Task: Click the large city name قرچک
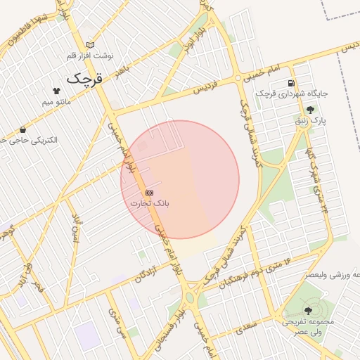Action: pyautogui.click(x=84, y=78)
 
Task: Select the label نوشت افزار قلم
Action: pyautogui.click(x=89, y=55)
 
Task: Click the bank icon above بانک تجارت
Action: pyautogui.click(x=149, y=192)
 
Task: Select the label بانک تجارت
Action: pyautogui.click(x=149, y=203)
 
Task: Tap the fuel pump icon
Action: pyautogui.click(x=290, y=83)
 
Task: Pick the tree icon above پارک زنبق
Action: pyautogui.click(x=310, y=109)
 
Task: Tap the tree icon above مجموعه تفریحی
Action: pyautogui.click(x=308, y=310)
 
